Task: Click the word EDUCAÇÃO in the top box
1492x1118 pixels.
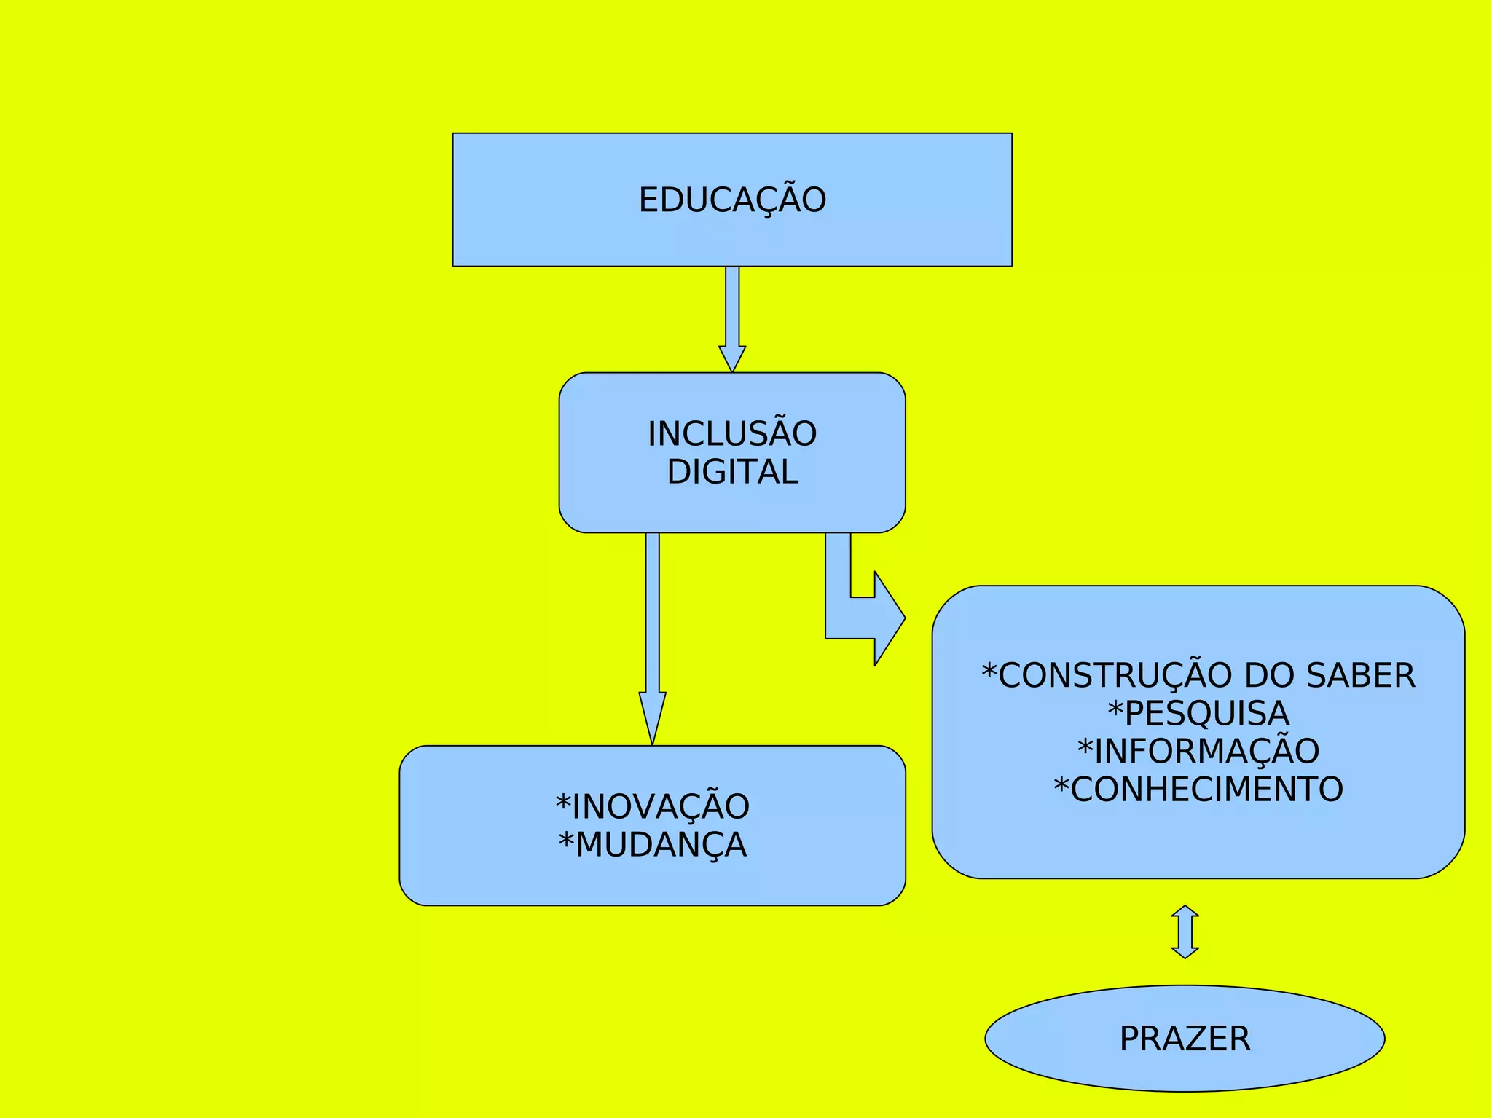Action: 732,200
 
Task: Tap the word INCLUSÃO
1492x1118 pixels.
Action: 732,434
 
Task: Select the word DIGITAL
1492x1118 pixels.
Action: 732,472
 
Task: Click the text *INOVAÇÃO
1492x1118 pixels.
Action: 653,807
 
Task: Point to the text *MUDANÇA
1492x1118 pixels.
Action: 653,845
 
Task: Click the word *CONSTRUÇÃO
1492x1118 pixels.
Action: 1108,675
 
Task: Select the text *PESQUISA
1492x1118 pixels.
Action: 1198,713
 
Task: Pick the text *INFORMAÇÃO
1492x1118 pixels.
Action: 1198,751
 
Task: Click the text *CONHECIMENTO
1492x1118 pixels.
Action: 1198,789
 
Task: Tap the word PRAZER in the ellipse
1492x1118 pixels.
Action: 1185,1039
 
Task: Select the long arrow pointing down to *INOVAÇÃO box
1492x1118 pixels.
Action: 653,634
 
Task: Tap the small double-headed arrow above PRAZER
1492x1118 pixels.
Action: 1185,932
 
